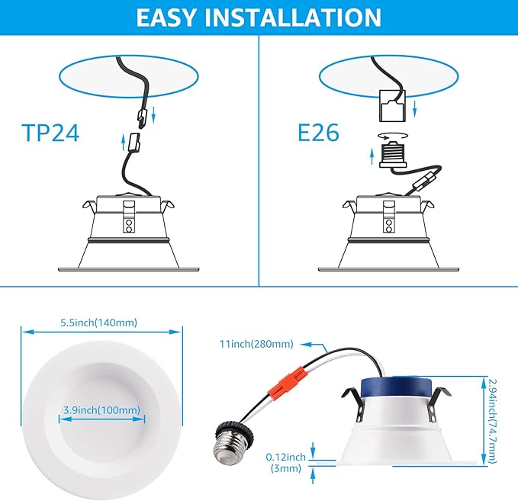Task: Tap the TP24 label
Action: click(x=51, y=133)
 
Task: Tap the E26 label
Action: click(x=319, y=133)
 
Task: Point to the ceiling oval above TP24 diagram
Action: click(x=121, y=76)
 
